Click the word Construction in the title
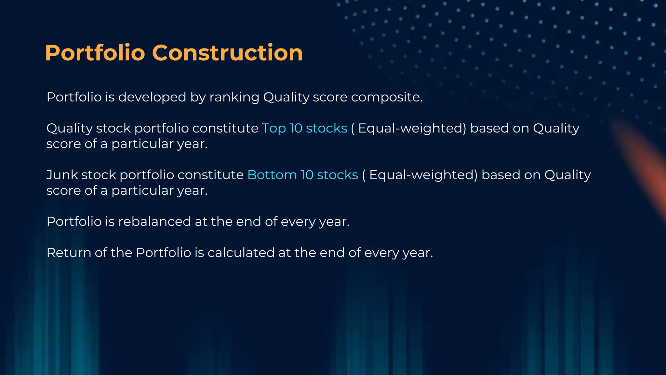click(x=227, y=53)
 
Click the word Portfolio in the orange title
click(x=95, y=53)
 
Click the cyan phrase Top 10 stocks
click(x=304, y=128)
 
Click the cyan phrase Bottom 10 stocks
click(x=302, y=175)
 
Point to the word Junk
click(x=62, y=175)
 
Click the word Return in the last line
click(x=69, y=253)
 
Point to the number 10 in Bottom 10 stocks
click(x=307, y=175)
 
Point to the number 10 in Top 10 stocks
click(x=296, y=128)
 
